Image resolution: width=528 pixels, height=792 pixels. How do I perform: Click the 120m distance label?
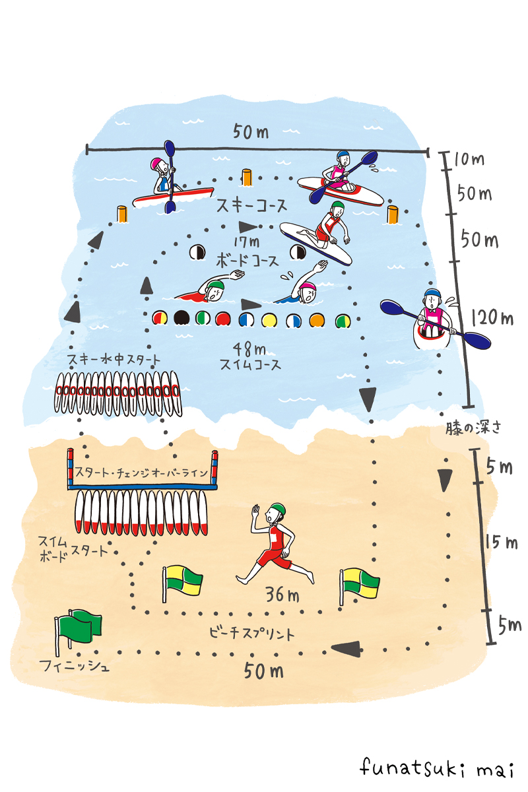point(492,319)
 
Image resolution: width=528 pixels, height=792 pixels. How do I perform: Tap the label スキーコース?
point(252,206)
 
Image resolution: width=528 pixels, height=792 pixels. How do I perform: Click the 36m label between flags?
point(282,595)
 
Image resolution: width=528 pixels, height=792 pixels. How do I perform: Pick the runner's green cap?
point(278,509)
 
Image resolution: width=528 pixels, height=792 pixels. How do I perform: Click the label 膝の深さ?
point(471,427)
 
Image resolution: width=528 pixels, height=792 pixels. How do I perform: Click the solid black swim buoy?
point(181,319)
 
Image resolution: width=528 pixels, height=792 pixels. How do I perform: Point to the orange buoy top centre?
point(247,177)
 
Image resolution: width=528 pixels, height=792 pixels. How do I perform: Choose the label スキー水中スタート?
point(114,360)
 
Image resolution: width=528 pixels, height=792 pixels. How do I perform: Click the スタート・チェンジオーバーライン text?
point(142,473)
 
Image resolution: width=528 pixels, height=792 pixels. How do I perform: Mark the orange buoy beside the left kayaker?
point(121,214)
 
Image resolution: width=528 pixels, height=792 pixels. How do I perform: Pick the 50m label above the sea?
point(250,132)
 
